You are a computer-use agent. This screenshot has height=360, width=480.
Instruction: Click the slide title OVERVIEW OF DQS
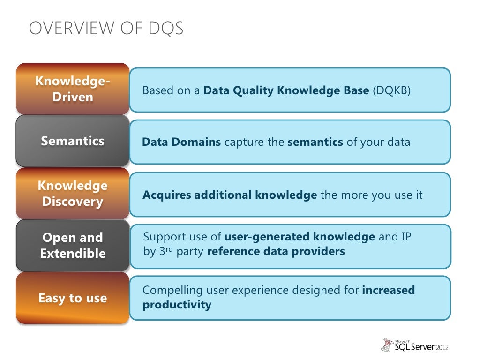(106, 29)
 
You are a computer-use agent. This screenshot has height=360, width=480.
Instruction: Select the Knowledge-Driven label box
(73, 89)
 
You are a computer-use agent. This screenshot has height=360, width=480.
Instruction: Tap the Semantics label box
(73, 141)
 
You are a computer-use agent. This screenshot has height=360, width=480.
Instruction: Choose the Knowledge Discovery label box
(73, 194)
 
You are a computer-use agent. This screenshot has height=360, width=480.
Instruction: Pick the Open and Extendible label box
(73, 246)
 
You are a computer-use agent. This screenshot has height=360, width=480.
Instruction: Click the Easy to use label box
(73, 298)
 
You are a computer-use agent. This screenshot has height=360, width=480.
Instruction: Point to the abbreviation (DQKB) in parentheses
(391, 90)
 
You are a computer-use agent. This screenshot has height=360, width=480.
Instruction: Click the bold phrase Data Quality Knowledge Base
(286, 90)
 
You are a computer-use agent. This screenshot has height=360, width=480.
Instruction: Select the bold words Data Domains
(181, 142)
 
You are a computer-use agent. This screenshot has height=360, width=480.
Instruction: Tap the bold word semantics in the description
(315, 142)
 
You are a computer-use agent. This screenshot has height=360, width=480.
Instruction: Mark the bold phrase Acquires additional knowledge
(230, 195)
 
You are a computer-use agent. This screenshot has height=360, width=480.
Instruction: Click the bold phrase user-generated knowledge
(300, 237)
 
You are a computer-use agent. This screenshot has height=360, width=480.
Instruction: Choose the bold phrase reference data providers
(276, 251)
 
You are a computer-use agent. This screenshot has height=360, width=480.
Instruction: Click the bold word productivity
(177, 305)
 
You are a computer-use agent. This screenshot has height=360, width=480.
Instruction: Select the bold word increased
(389, 290)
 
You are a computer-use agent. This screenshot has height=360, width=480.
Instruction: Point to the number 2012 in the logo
(442, 347)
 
